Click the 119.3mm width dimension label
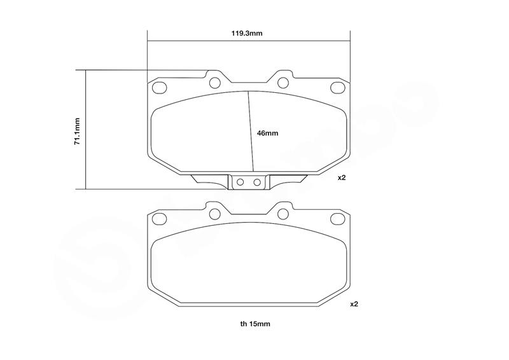[247, 33]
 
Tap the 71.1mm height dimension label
[77, 131]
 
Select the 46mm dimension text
[267, 133]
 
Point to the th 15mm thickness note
[255, 324]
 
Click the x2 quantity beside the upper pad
[342, 177]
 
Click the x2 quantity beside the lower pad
[354, 304]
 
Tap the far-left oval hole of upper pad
[160, 88]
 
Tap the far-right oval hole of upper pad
[337, 88]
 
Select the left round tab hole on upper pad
[215, 83]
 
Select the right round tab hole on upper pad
[283, 83]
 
